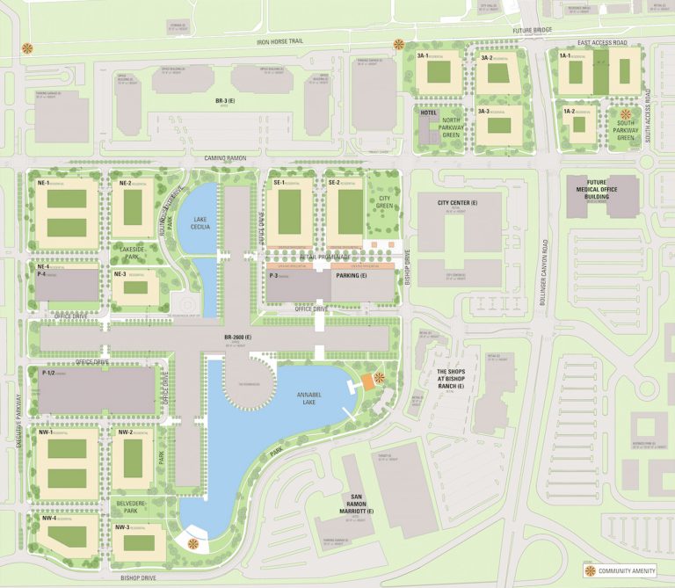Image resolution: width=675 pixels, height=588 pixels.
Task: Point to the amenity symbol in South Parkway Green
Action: point(626,114)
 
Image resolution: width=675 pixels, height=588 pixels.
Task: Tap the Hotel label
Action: point(429,113)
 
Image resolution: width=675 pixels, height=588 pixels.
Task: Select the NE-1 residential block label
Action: point(45,183)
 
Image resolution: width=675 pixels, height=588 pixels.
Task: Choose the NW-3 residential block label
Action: point(122,526)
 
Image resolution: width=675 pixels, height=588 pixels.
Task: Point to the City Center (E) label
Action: point(454,203)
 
